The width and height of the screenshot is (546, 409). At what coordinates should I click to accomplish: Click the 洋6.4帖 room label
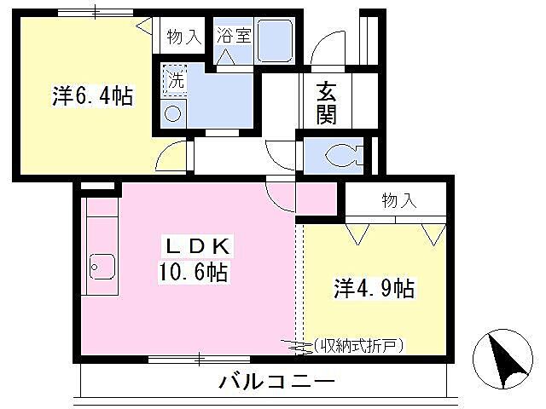[92, 96]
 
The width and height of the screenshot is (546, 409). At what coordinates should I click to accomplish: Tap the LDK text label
[197, 247]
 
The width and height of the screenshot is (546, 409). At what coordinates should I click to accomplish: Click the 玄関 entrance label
[326, 102]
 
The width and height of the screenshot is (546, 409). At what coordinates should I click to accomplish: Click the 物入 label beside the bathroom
[183, 37]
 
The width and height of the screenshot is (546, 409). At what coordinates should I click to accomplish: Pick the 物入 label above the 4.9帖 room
[398, 201]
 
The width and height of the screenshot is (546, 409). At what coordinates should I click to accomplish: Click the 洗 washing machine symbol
[174, 81]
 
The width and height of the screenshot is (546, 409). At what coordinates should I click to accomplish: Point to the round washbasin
[173, 114]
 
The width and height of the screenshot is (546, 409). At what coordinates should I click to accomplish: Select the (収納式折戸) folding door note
[357, 344]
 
